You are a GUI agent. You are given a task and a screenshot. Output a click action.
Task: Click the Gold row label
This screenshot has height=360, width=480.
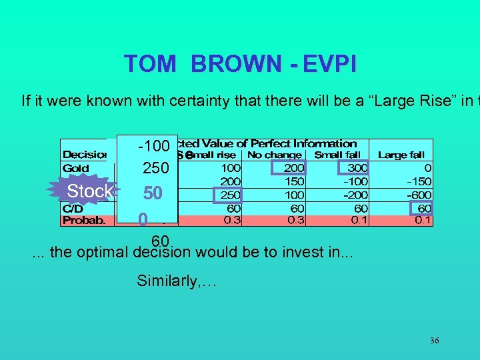pyautogui.click(x=76, y=169)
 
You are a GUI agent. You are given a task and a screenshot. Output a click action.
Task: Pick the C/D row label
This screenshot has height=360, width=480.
pyautogui.click(x=73, y=208)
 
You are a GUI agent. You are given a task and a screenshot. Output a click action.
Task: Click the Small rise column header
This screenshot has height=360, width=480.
pyautogui.click(x=217, y=155)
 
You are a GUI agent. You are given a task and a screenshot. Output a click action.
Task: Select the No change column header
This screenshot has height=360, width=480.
pyautogui.click(x=274, y=155)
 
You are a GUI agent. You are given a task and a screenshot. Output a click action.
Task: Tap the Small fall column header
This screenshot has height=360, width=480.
pyautogui.click(x=337, y=155)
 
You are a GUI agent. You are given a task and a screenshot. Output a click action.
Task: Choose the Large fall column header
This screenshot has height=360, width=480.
pyautogui.click(x=401, y=155)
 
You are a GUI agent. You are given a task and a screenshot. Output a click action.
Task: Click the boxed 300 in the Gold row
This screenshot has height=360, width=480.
pyautogui.click(x=357, y=169)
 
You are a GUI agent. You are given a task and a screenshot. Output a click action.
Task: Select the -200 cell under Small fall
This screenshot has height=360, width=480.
pyautogui.click(x=356, y=195)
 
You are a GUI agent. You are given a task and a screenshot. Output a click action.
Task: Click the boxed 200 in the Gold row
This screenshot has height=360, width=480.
pyautogui.click(x=293, y=169)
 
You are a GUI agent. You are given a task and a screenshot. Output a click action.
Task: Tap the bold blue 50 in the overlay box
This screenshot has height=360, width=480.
pyautogui.click(x=153, y=193)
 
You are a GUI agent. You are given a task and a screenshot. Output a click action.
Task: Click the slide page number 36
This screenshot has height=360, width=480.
pyautogui.click(x=434, y=341)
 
